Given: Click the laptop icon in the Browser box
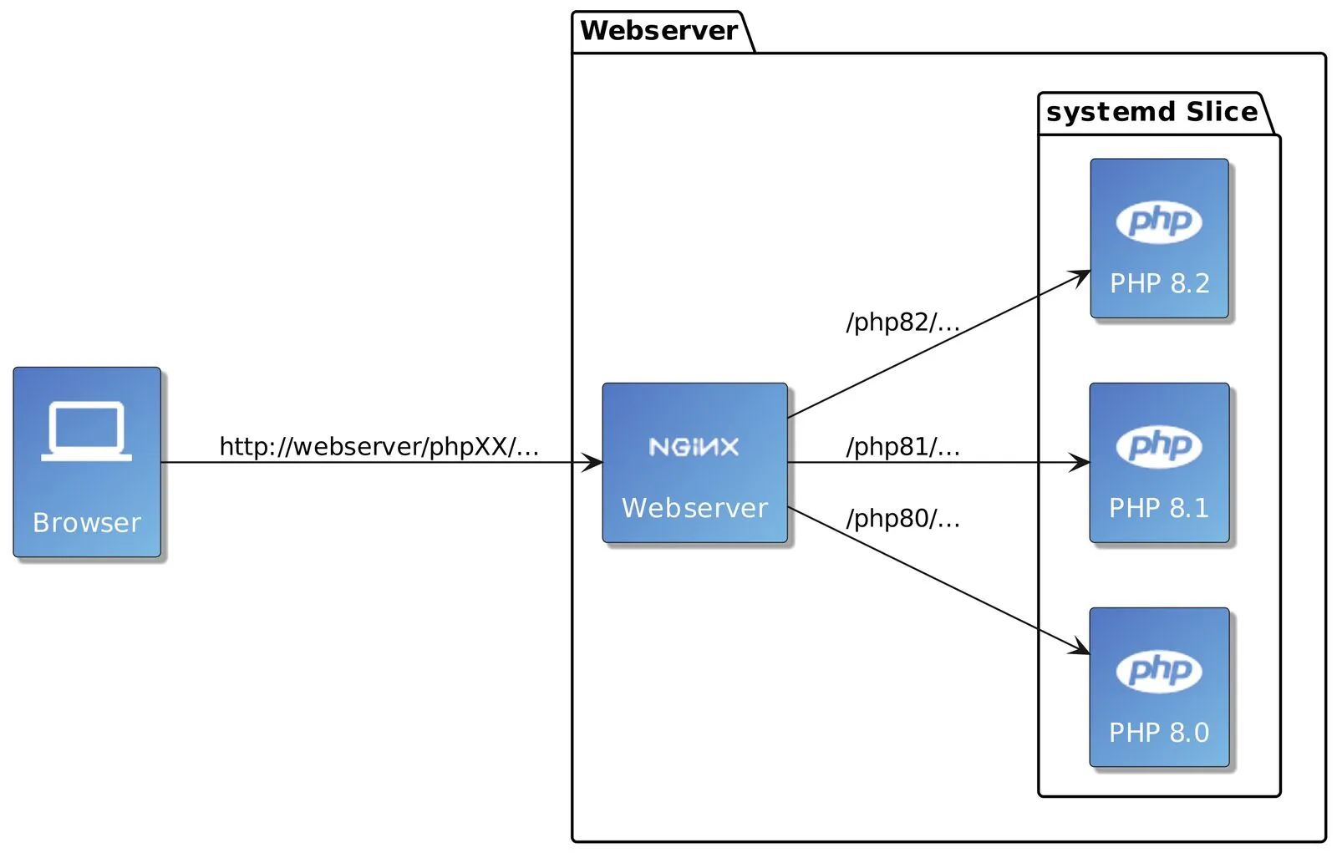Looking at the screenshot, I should (87, 431).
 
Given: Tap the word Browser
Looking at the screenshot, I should (87, 523).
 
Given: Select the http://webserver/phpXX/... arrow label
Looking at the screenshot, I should (379, 446).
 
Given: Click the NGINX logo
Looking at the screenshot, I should (694, 447).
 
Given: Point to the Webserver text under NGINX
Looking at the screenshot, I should (694, 508).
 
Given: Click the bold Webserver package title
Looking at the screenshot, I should (658, 31).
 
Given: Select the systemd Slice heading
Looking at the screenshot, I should (1151, 112).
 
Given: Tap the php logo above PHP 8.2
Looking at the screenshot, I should (1159, 221).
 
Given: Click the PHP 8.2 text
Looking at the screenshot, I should (1159, 283).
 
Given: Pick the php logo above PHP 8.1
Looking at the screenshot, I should (1159, 446).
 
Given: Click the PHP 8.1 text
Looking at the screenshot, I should (1158, 508).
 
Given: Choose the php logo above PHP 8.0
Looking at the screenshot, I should (1159, 670).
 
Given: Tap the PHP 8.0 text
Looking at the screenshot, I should (1158, 733).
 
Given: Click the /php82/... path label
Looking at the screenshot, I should (902, 322).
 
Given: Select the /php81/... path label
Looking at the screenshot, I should (902, 447).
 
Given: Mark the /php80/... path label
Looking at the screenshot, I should (902, 519).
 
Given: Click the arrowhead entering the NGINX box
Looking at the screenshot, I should (593, 462).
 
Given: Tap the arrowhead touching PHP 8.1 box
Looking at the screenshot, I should (1080, 462).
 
